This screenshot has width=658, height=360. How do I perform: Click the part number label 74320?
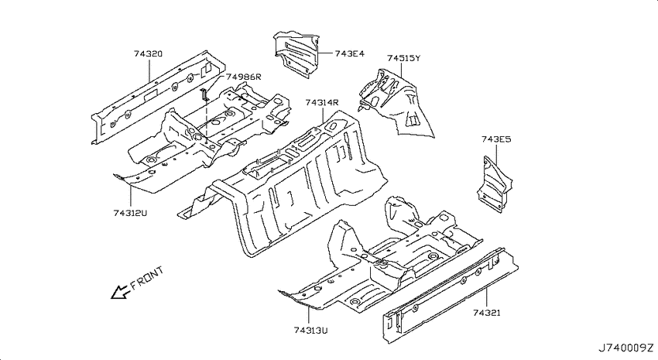coord(148,53)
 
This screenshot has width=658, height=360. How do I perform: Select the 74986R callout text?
coord(243,77)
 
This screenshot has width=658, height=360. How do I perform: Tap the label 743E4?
coord(350,53)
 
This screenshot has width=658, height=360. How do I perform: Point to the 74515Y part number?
coord(403,58)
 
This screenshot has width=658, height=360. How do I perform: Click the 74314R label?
coord(322,102)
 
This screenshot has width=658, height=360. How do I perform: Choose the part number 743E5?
coord(496,139)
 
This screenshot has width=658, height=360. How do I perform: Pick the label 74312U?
coord(130,213)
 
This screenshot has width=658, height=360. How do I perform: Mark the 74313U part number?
coord(311,331)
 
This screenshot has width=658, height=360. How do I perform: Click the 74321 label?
coord(487,313)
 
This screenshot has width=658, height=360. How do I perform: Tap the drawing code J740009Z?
coord(625,348)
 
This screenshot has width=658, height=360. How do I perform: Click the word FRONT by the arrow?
coord(147,278)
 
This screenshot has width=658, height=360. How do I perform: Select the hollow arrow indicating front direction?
coord(119,292)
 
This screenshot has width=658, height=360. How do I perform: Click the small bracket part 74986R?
coord(204,94)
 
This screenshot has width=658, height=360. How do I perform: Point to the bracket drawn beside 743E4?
coord(296,54)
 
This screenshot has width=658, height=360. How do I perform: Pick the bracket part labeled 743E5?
coord(495,184)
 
